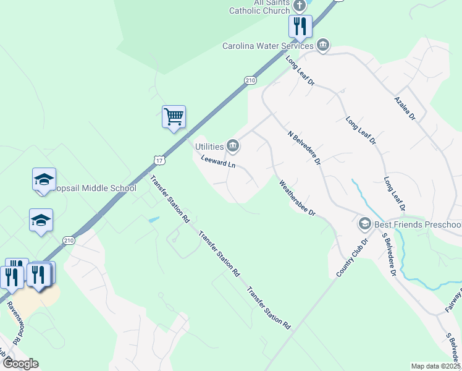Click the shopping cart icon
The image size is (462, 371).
tap(174, 116)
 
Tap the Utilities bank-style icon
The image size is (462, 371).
tap(233, 146)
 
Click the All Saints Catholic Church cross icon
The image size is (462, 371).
tap(300, 6)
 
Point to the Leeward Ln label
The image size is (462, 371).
tap(218, 162)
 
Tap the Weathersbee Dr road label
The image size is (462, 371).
tap(297, 198)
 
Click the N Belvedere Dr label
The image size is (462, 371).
tap(304, 147)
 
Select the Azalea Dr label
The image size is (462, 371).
tap(405, 108)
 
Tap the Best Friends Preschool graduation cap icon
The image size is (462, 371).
tap(365, 223)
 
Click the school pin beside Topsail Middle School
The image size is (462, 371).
tap(44, 179)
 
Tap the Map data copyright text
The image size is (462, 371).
tap(436, 366)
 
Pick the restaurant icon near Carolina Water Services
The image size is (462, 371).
tap(300, 26)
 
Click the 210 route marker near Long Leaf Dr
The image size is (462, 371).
tap(250, 80)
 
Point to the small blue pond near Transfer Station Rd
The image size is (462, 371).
tap(153, 220)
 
